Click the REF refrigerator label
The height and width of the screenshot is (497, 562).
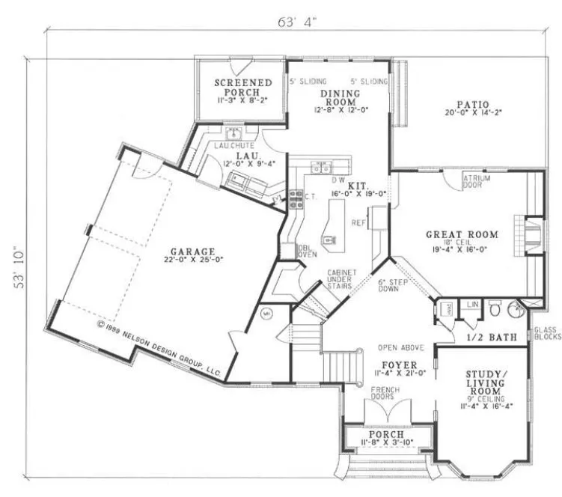click(358, 222)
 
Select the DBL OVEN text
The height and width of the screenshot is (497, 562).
click(287, 251)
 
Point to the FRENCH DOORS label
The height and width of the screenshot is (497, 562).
click(385, 394)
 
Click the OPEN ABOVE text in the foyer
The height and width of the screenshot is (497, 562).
click(401, 348)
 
